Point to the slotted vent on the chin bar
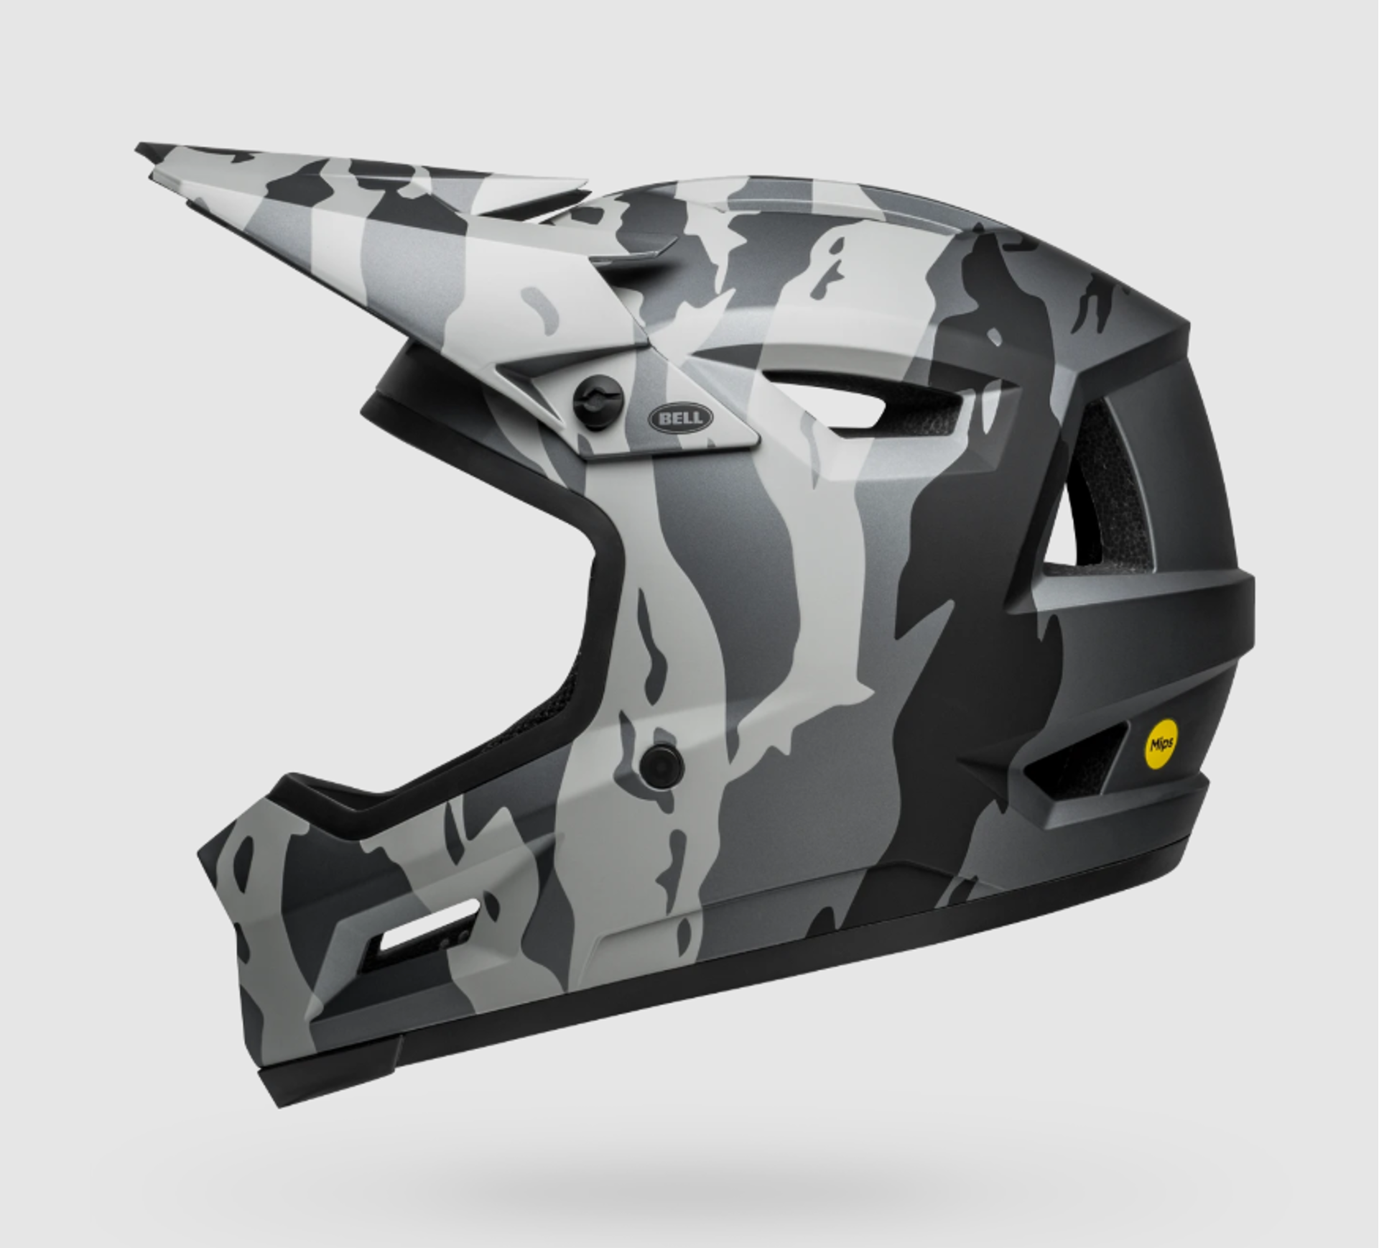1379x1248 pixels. (427, 927)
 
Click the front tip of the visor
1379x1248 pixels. (138, 149)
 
